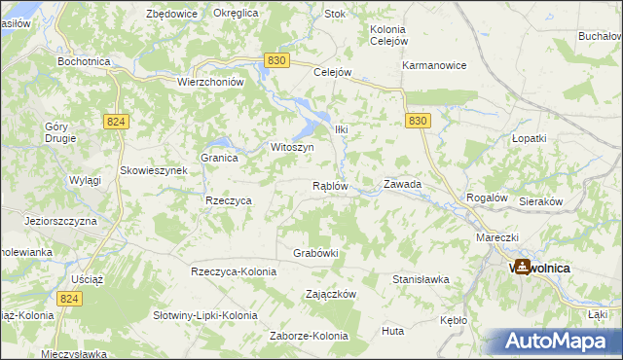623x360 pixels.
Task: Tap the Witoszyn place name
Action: (x=291, y=148)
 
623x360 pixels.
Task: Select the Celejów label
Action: (x=331, y=71)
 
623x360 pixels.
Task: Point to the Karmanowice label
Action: (x=435, y=65)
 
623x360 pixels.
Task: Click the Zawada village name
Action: (x=402, y=184)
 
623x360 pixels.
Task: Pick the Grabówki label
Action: (x=315, y=253)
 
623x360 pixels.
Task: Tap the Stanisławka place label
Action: (x=421, y=279)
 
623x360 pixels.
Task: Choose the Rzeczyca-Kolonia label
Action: (x=234, y=271)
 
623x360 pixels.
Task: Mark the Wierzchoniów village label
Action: (x=209, y=82)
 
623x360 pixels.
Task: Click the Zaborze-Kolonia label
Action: (x=309, y=337)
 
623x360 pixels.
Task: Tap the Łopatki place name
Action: (x=530, y=139)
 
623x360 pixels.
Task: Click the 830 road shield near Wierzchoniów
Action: (x=276, y=60)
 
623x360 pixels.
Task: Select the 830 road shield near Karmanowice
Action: (x=418, y=120)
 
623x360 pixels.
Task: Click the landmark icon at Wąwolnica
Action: (x=523, y=266)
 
